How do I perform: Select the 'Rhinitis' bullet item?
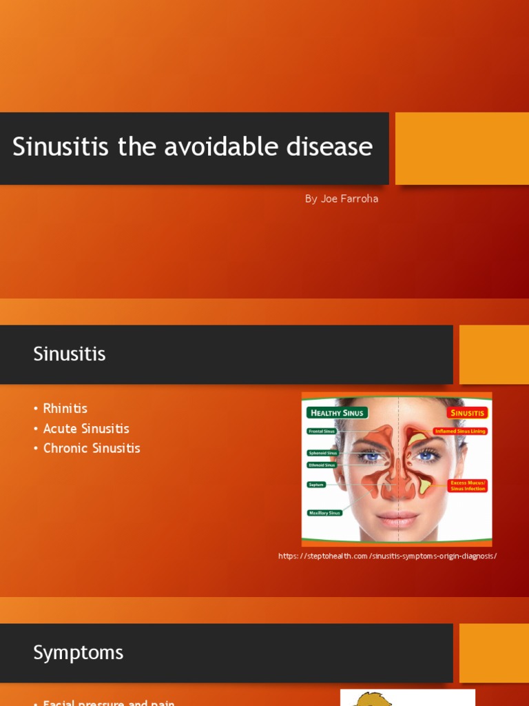pos(65,408)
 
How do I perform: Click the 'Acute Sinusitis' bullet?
pos(86,428)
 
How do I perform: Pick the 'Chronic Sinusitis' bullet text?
pos(92,448)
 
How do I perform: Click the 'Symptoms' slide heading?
pos(78,653)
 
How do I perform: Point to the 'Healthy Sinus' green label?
pos(338,413)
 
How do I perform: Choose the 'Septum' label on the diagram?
pos(316,485)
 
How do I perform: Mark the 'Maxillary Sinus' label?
pos(325,513)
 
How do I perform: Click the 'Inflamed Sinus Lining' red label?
pos(460,431)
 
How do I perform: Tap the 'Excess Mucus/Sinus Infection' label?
pos(468,485)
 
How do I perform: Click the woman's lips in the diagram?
pos(397,518)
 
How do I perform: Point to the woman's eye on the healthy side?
pos(372,456)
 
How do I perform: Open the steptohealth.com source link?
pos(387,556)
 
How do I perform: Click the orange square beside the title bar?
pos(462,148)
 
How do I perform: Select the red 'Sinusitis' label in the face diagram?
pos(468,413)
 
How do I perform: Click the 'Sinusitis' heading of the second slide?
pos(70,354)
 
